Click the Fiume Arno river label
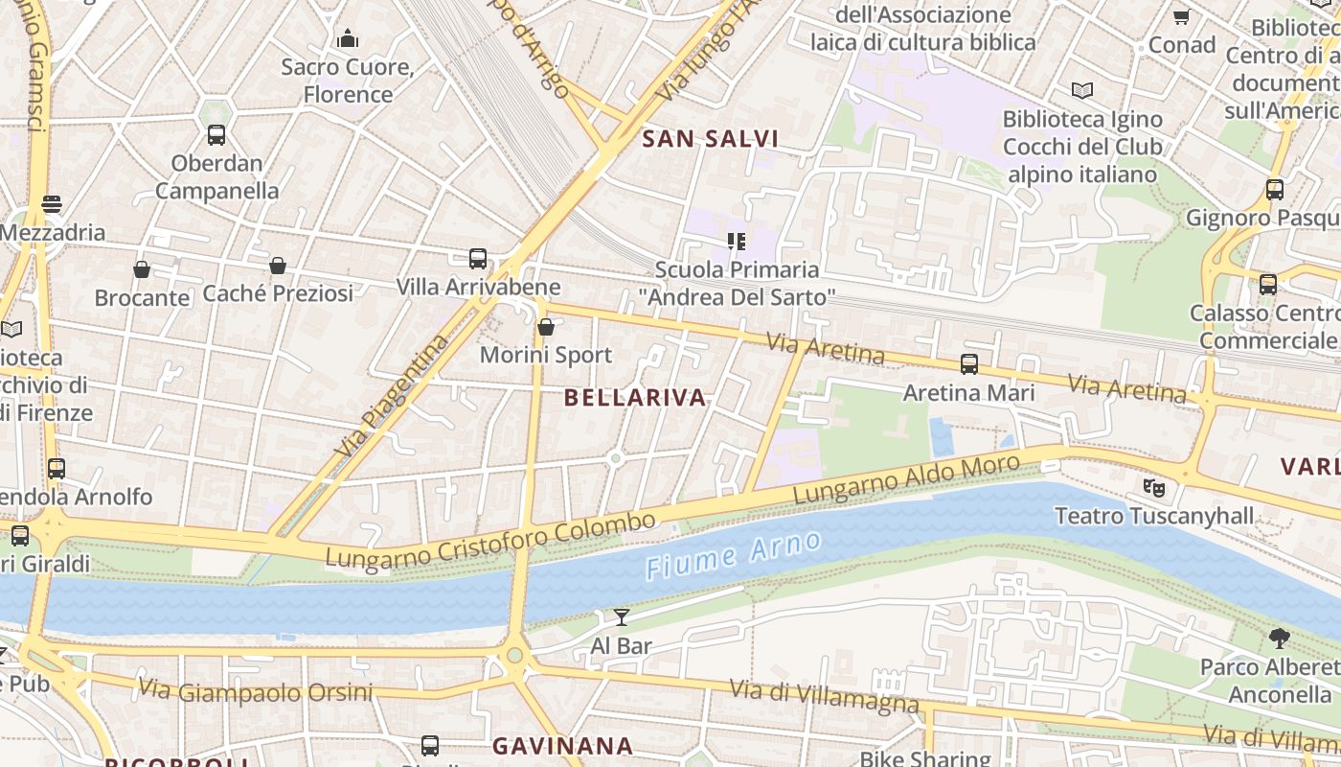click(x=733, y=556)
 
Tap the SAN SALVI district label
click(x=710, y=139)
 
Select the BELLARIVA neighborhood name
click(x=635, y=398)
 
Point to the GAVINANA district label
click(x=562, y=745)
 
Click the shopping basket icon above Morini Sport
click(x=546, y=328)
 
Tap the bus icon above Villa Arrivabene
click(x=478, y=259)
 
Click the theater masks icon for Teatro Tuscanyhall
click(x=1154, y=488)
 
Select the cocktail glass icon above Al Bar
click(x=622, y=617)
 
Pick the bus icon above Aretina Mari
click(x=969, y=364)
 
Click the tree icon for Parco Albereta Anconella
click(x=1279, y=639)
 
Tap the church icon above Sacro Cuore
click(x=348, y=39)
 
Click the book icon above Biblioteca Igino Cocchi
click(x=1082, y=91)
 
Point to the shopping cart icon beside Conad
click(x=1181, y=17)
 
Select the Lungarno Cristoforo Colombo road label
click(x=490, y=539)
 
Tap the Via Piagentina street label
click(x=393, y=395)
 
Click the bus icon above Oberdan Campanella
click(x=216, y=135)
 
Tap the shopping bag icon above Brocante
click(x=142, y=269)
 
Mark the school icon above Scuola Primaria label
click(x=736, y=241)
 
